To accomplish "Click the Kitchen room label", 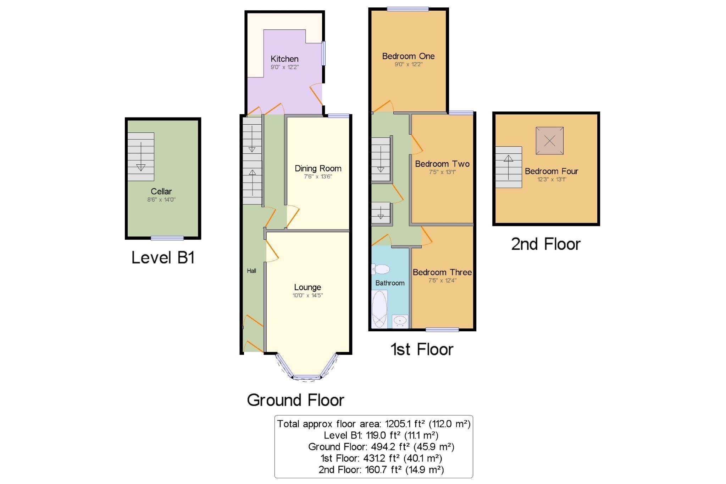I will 284,59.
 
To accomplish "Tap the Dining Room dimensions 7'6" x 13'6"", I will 318,176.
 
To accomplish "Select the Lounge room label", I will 307,287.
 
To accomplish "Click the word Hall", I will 251,271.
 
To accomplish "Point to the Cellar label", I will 161,191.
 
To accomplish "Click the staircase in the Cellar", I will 141,157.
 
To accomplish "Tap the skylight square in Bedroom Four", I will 549,141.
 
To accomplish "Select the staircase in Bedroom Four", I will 509,167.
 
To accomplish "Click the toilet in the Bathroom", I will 381,269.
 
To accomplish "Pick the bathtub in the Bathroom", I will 379,309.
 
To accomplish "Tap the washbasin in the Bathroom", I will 400,321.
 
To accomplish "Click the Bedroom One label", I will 408,56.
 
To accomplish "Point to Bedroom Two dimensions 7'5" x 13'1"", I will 442,172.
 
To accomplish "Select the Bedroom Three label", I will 442,272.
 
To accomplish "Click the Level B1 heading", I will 163,257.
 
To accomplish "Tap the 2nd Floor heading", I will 545,244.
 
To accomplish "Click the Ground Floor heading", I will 295,400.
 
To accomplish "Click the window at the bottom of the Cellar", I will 167,238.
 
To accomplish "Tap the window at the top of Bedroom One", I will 408,9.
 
